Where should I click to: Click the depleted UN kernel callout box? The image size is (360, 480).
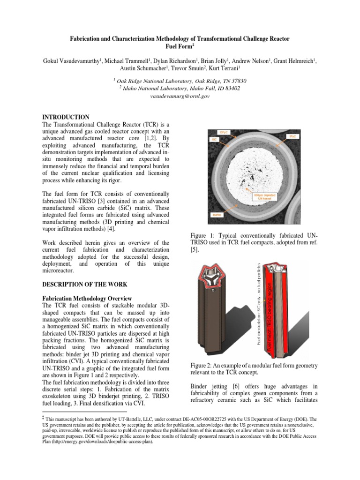[264, 197]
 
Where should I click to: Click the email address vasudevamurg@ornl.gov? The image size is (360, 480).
[180, 96]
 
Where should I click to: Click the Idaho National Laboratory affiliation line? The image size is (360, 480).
[180, 88]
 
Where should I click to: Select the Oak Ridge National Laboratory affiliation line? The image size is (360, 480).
[180, 81]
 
